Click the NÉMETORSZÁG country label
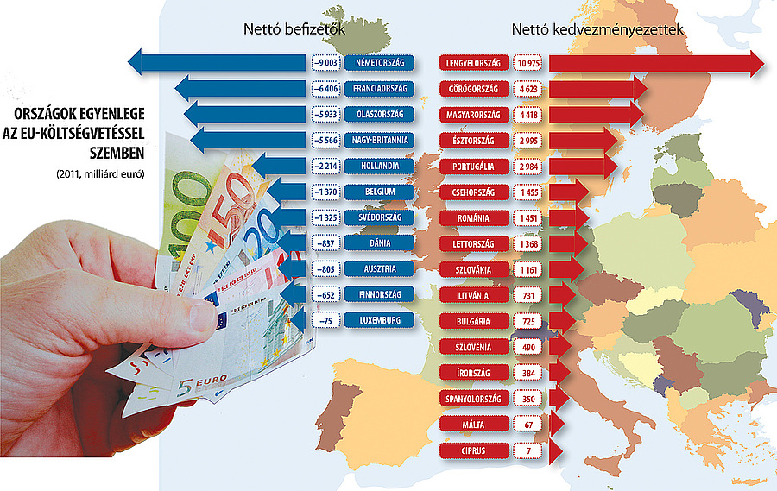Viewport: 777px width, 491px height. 379,63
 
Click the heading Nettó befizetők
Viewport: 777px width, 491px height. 294,29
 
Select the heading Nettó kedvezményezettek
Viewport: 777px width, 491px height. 597,29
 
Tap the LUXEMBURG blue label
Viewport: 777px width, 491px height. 379,320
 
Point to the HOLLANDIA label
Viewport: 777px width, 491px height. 379,166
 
